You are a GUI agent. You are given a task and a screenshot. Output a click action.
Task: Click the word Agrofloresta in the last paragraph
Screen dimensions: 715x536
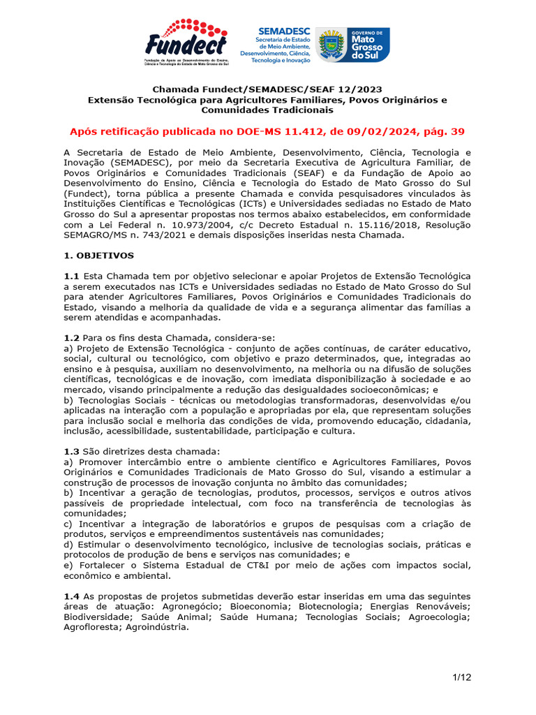(x=93, y=627)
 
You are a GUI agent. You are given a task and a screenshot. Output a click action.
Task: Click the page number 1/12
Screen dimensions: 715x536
(x=461, y=677)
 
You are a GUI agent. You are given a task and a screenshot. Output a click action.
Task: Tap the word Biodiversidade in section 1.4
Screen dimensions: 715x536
(x=97, y=617)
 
